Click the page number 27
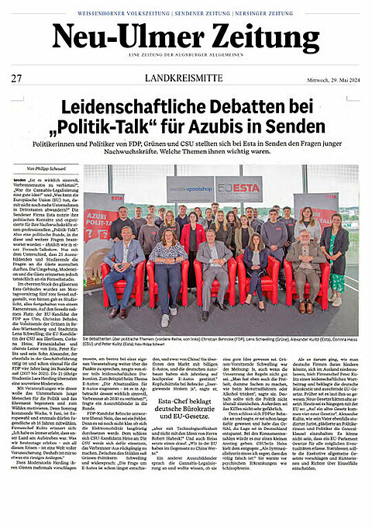tap(16, 78)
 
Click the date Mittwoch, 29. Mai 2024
tap(328, 78)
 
